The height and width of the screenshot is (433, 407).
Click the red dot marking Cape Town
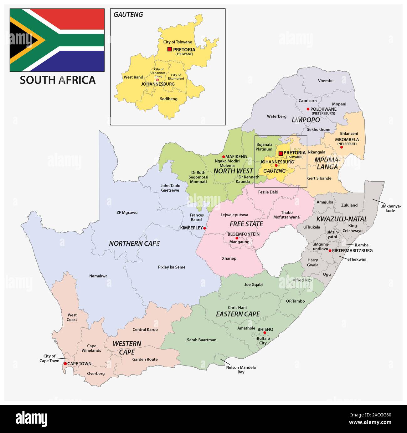coord(65,364)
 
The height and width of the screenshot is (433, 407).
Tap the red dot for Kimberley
coord(204,228)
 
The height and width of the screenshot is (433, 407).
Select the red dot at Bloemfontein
coord(237,238)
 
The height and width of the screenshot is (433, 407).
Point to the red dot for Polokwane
coord(308,109)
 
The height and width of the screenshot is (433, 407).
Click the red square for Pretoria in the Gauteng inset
coord(169,49)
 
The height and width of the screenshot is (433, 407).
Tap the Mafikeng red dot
coord(224,157)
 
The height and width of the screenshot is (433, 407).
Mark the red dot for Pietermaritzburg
coord(330,250)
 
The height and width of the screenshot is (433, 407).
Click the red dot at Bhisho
coord(265,333)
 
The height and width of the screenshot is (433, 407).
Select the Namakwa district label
coord(98,276)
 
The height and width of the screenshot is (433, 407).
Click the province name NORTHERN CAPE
coord(134,244)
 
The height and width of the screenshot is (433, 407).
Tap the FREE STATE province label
coord(246,224)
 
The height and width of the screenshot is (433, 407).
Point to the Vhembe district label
coord(326,81)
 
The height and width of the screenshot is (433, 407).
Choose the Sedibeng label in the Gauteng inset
coord(168,99)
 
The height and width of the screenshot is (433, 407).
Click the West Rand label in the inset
coord(133,77)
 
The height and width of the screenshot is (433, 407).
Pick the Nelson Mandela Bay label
coord(241,370)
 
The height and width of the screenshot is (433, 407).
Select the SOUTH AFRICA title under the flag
coord(58,80)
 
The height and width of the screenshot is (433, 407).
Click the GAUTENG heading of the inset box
coord(128,15)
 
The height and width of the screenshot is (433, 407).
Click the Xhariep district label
coord(229,258)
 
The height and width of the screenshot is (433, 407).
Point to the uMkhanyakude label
coord(390,208)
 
